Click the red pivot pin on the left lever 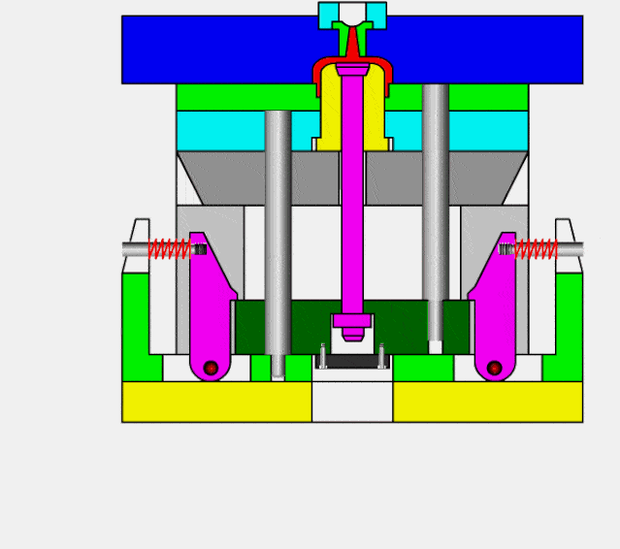[x=211, y=368]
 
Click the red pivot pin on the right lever [x=494, y=368]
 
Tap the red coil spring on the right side [x=536, y=249]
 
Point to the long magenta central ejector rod [x=351, y=213]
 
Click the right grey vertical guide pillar [x=436, y=213]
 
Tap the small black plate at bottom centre [x=352, y=361]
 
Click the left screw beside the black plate [x=323, y=356]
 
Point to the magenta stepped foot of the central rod [x=352, y=325]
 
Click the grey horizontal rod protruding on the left [x=135, y=249]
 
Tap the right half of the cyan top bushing [x=375, y=14]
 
